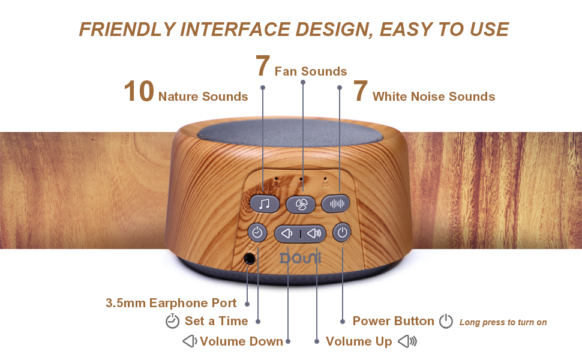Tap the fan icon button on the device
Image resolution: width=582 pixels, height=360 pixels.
[301, 204]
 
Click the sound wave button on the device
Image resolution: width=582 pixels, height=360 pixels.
[335, 203]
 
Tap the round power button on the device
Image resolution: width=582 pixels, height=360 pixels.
[342, 233]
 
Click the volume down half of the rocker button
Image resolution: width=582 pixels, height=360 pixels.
[287, 233]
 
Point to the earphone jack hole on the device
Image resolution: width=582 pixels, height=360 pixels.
[250, 259]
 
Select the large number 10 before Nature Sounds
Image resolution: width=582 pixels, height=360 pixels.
[139, 91]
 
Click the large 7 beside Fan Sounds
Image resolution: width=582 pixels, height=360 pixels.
[262, 65]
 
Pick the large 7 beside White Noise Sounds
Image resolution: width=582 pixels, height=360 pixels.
[361, 91]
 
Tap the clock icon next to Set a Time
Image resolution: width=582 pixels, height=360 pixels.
[172, 321]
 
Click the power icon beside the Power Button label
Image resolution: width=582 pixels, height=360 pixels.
[446, 322]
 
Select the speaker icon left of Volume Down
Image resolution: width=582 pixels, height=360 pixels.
[190, 341]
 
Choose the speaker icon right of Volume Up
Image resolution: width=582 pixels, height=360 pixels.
[407, 341]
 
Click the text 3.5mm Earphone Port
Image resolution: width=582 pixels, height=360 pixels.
[171, 303]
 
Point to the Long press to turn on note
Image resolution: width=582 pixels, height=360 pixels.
[503, 322]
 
